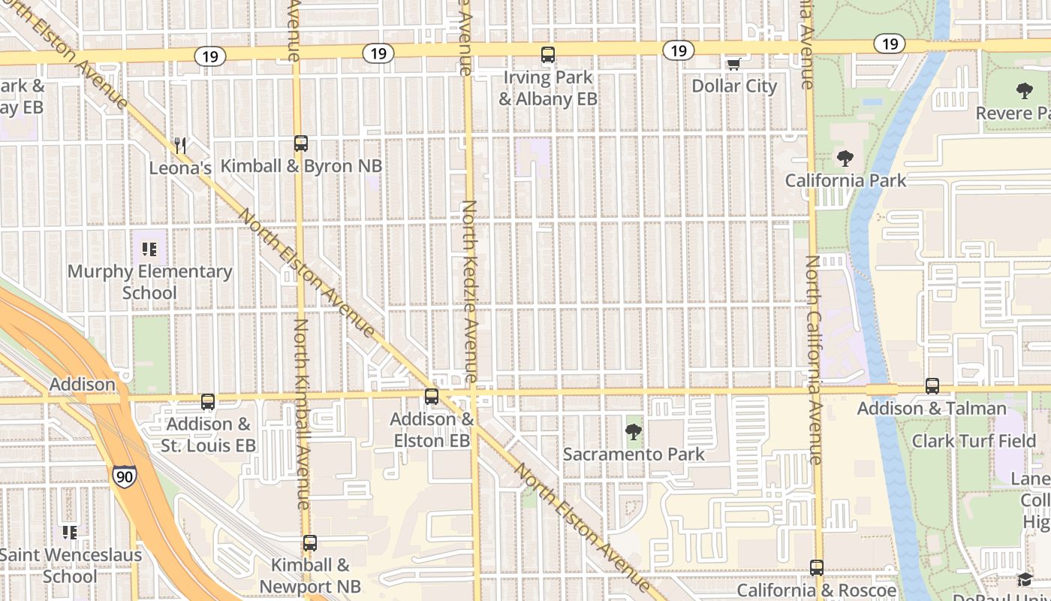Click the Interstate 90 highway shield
(125, 476)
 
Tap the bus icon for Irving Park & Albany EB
(548, 55)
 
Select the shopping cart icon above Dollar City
(733, 64)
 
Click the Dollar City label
(734, 86)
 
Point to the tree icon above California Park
(845, 159)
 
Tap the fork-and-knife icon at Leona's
(179, 145)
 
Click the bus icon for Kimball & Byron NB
(301, 143)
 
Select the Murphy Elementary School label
(149, 282)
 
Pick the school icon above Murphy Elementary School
(149, 249)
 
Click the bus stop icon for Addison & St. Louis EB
(208, 402)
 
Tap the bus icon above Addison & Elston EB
(432, 397)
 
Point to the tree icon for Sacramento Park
(634, 432)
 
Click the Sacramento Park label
(634, 454)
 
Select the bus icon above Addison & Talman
(932, 386)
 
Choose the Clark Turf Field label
(974, 441)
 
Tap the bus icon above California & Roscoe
(817, 568)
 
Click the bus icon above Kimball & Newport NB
(310, 542)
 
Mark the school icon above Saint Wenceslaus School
(70, 533)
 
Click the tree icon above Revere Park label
(1024, 92)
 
